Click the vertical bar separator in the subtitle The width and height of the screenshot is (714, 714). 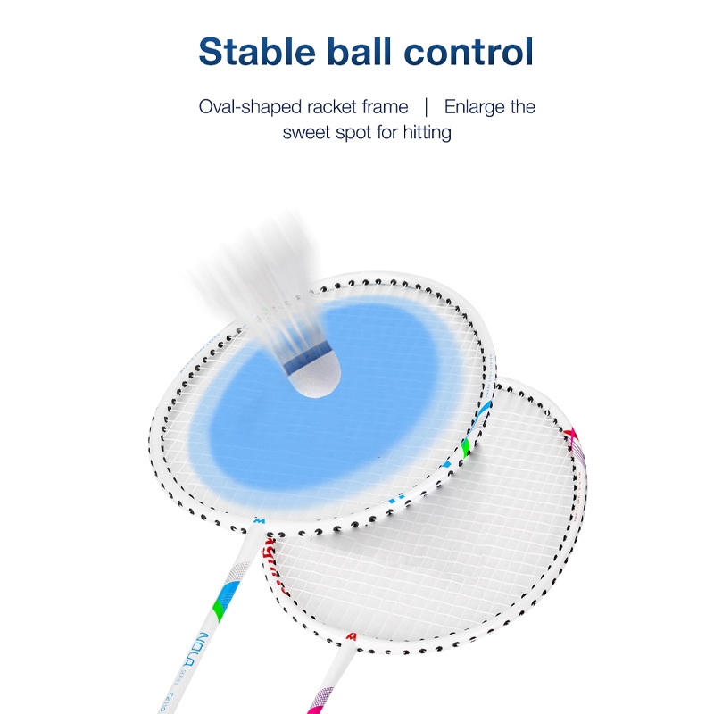[426, 108]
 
